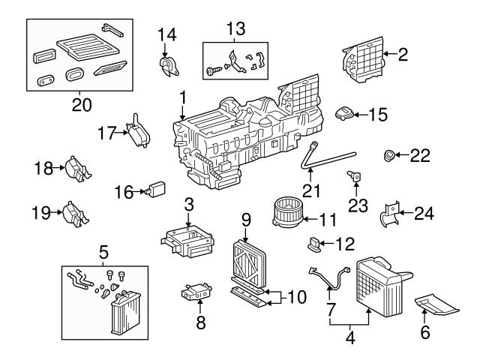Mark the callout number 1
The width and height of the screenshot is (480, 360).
tap(181, 97)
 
